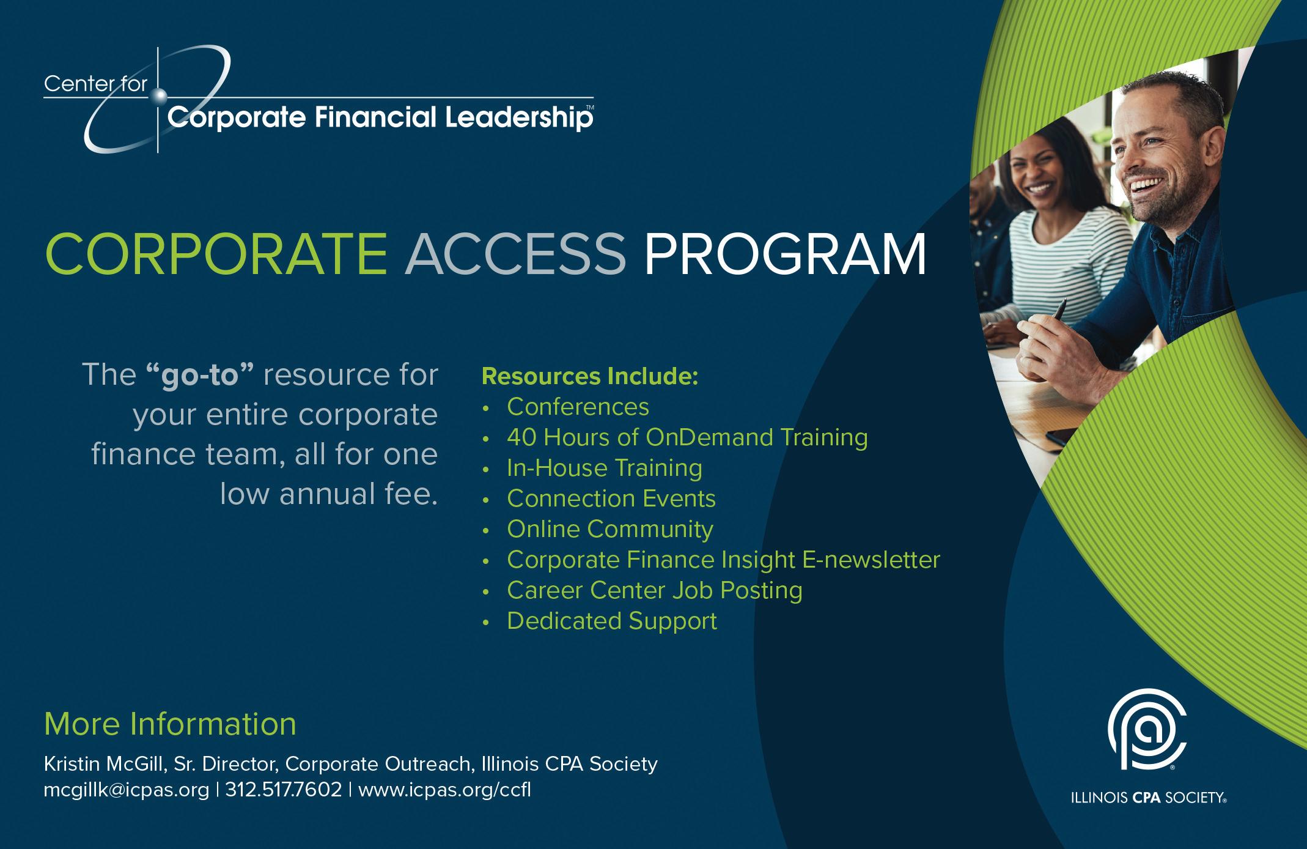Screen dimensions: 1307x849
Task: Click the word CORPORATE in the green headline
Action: (216, 253)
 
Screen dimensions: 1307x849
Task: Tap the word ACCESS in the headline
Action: (515, 253)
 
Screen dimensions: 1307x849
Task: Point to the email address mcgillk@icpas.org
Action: (127, 790)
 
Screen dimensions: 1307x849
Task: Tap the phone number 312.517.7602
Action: (284, 790)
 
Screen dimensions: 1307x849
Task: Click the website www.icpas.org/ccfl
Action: (444, 790)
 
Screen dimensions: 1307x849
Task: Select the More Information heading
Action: (171, 724)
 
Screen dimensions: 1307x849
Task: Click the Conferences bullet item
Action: (578, 407)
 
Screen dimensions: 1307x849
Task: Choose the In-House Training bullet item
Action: (605, 468)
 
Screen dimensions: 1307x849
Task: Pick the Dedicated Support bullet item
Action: (612, 621)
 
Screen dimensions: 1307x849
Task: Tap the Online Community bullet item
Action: (610, 530)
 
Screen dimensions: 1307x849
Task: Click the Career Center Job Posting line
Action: (655, 591)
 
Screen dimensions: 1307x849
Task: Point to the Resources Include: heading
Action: (590, 377)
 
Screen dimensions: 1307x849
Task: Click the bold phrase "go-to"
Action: (200, 374)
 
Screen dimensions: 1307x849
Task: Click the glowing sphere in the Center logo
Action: (159, 95)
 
